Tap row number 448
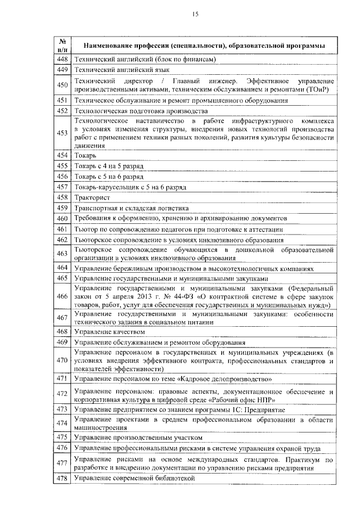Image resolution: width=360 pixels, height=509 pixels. [x=63, y=60]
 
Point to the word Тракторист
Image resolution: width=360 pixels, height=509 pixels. [x=92, y=197]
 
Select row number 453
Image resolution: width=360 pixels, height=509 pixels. [x=63, y=133]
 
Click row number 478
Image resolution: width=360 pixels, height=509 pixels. [x=63, y=478]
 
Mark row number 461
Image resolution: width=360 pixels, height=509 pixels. [x=63, y=229]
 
